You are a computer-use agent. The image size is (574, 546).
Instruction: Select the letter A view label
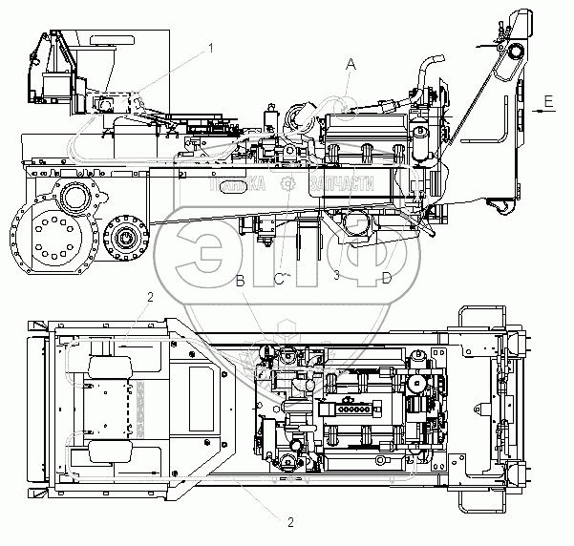pyautogui.click(x=351, y=64)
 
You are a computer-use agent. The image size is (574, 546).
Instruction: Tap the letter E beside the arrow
pyautogui.click(x=546, y=98)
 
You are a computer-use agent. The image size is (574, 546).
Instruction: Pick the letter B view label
pyautogui.click(x=241, y=279)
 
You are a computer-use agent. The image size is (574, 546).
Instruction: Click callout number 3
pyautogui.click(x=336, y=275)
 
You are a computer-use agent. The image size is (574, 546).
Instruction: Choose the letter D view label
pyautogui.click(x=387, y=278)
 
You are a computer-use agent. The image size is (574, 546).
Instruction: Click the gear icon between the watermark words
pyautogui.click(x=289, y=184)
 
